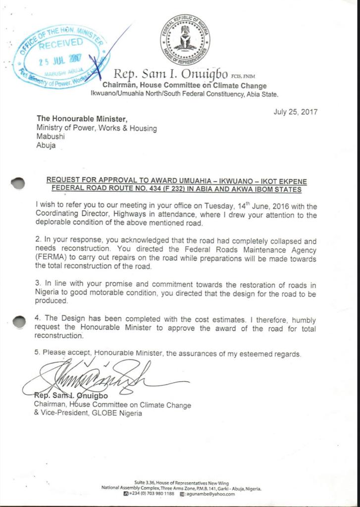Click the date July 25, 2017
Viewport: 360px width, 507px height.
[x=296, y=112]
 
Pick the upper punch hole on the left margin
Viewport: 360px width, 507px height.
[x=17, y=183]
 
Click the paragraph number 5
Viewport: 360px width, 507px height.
[x=37, y=354]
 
